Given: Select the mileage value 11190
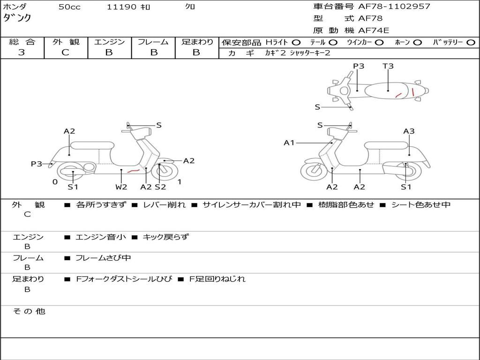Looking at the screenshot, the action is point(122,7).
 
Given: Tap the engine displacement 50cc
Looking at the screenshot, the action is point(69,7).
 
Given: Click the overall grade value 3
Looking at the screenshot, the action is point(22,52).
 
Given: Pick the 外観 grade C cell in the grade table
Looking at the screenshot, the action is point(66,52).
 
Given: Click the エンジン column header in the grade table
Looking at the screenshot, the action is point(109,42).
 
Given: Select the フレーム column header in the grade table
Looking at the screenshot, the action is point(153,42).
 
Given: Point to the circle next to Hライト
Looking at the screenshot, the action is point(296,42).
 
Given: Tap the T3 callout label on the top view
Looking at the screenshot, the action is point(388,66).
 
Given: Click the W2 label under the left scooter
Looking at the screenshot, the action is point(121,187).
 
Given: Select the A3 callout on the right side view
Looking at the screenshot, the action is point(409,131).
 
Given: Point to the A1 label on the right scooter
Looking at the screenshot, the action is point(289,142).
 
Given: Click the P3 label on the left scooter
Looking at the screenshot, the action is point(37,164).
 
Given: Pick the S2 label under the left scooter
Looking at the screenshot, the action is point(160,187).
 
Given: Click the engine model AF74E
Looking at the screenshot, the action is point(374,30).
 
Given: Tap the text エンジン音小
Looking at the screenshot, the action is point(101,237).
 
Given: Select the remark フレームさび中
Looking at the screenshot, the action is point(103,258).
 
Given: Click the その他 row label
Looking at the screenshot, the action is point(29,311).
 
